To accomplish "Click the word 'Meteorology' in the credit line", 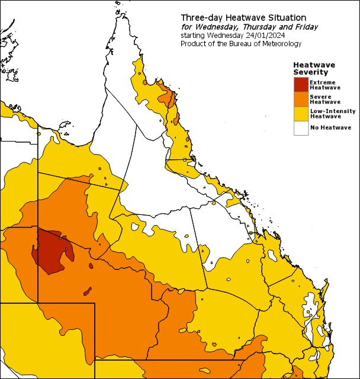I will pos(280,44).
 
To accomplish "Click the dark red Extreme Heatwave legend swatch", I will pos(301,85).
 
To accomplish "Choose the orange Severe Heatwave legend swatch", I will pos(301,99).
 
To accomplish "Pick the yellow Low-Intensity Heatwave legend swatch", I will pos(301,113).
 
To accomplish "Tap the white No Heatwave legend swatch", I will pos(301,127).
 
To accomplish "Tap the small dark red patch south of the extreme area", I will pos(88,291).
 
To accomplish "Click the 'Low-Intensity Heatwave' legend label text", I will pos(332,113).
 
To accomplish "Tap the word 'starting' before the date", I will pos(193,36).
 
